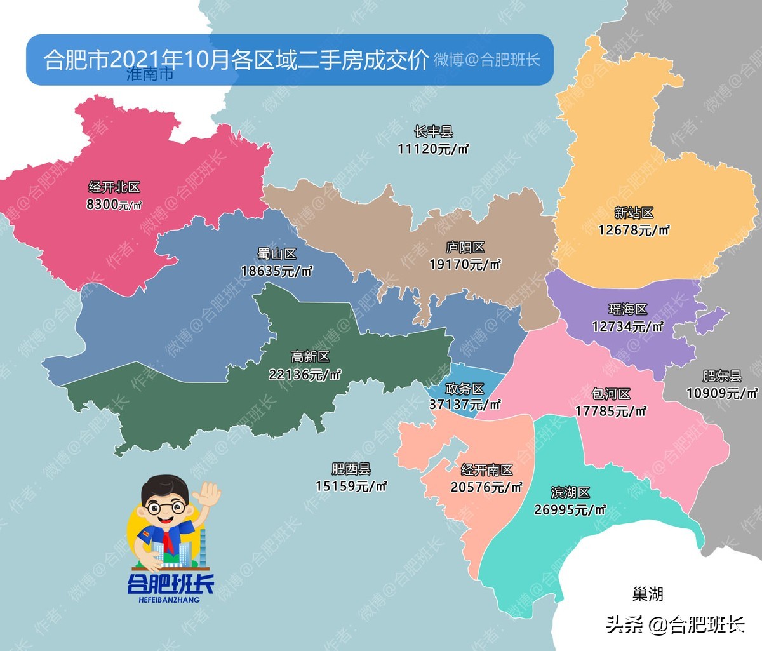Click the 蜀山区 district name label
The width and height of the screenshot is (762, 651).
[x=277, y=254]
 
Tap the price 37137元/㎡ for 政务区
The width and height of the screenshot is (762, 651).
[x=465, y=405]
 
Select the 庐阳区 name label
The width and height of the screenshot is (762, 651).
[x=465, y=247]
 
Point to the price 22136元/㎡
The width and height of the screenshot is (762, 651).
[x=305, y=375]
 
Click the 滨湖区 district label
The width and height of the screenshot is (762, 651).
[x=570, y=492]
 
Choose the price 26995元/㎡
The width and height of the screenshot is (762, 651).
[x=570, y=509]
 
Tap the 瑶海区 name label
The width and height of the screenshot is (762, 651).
[x=627, y=309]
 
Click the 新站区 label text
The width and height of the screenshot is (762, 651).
[x=634, y=213]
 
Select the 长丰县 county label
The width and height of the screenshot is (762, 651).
[x=433, y=132]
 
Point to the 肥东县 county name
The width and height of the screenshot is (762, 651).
[x=722, y=376]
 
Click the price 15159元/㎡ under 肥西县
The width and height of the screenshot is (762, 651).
[x=351, y=486]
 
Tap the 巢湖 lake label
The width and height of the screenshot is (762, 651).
[x=648, y=594]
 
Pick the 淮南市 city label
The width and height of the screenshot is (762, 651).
[x=150, y=75]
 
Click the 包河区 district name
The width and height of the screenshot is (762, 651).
[x=611, y=394]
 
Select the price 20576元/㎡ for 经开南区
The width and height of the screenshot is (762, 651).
[x=486, y=487]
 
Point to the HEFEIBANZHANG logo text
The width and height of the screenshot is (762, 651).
[x=169, y=600]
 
